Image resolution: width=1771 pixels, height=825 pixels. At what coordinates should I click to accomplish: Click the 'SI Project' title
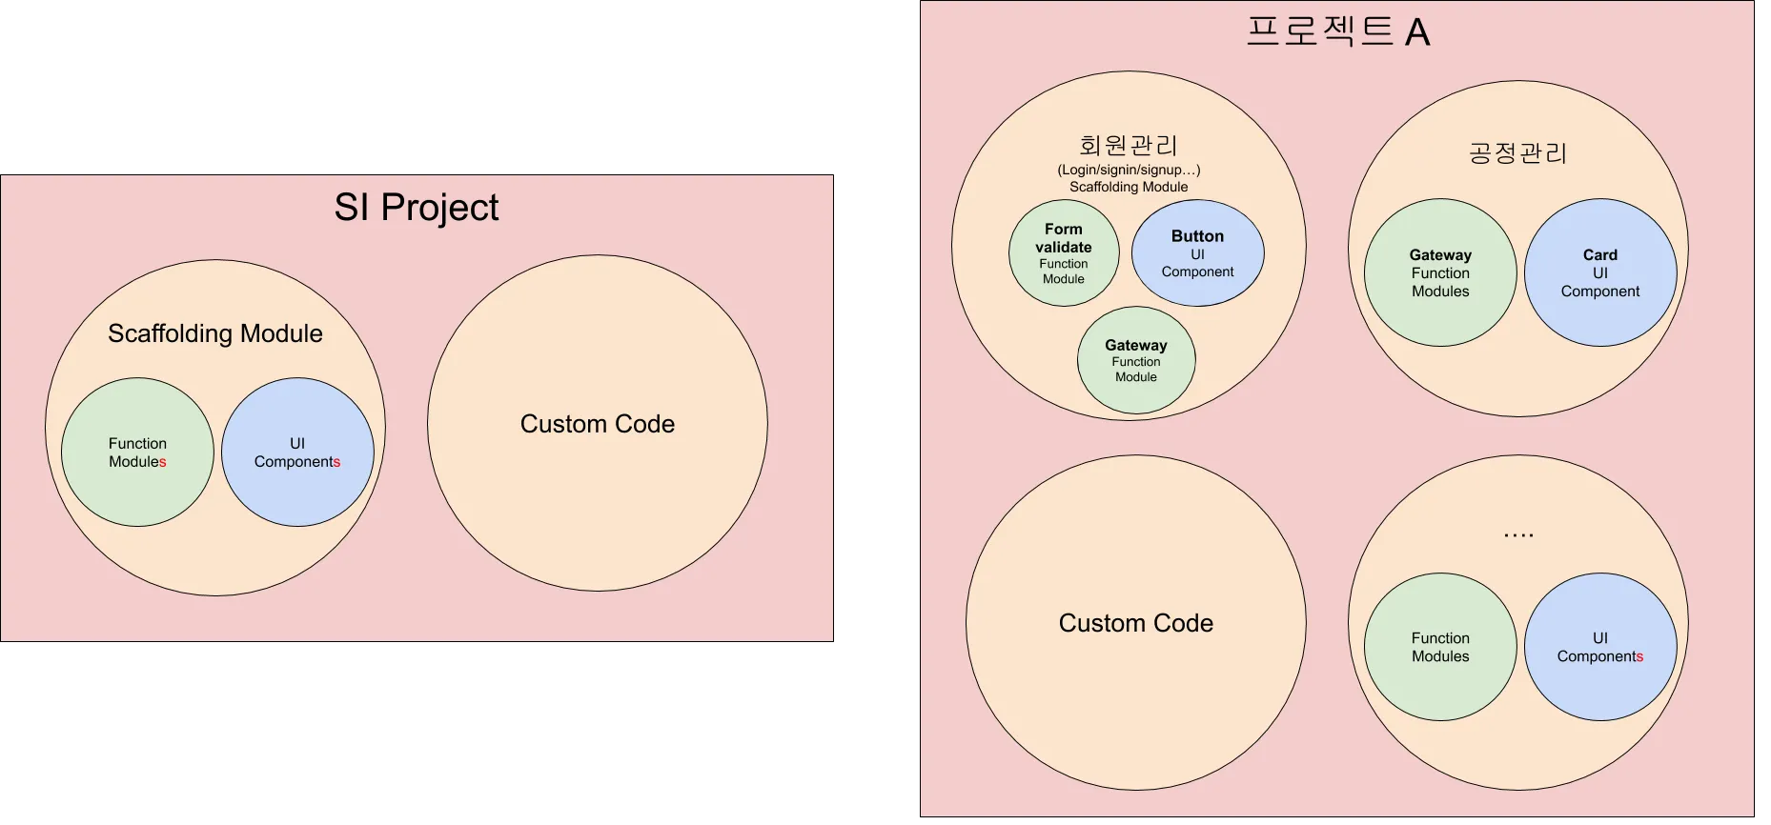416,208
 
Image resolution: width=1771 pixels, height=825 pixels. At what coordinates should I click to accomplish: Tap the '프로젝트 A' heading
1337,32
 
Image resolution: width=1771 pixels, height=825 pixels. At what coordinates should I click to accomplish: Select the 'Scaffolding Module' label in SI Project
215,333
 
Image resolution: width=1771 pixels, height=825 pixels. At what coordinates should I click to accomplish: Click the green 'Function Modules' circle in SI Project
137,453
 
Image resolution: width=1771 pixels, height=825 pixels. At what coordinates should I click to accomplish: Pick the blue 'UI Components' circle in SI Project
297,453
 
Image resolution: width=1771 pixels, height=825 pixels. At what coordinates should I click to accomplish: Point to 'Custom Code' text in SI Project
598,424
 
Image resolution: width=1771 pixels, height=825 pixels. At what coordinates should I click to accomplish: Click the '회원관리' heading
1129,146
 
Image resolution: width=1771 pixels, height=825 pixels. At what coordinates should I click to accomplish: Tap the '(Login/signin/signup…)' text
1129,170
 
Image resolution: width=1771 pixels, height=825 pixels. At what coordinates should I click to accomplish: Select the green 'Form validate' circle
1064,252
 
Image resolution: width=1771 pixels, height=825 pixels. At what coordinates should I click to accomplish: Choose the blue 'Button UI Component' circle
1197,253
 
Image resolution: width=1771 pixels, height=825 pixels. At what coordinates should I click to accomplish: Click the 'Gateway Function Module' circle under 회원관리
1136,360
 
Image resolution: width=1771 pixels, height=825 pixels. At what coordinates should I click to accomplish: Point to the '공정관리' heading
1517,153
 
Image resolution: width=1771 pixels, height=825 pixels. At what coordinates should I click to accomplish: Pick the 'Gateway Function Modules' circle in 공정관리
1440,272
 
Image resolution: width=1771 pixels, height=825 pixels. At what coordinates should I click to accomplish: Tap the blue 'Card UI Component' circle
1600,272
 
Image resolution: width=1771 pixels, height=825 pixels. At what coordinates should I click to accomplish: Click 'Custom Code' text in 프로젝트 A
1136,623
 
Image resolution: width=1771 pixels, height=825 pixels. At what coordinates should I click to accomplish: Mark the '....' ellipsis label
1518,535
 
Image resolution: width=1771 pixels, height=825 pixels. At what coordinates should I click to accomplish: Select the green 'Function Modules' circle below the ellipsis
1440,647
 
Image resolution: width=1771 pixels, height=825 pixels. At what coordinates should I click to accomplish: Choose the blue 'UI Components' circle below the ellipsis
1600,647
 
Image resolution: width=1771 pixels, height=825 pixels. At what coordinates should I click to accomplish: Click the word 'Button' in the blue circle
1197,236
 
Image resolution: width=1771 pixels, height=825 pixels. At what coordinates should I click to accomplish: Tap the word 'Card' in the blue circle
1600,254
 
